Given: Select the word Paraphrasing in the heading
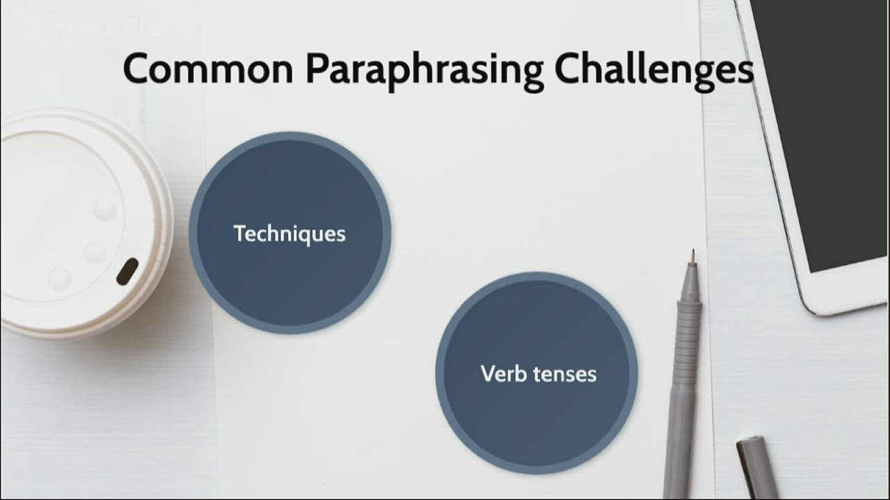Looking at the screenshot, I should [424, 71].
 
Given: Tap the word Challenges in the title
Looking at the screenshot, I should [654, 71].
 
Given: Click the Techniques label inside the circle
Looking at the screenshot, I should [289, 234].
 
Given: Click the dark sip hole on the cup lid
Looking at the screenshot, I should [127, 271].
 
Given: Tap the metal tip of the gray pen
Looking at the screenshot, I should [693, 256].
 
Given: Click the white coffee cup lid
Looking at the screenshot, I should [76, 222].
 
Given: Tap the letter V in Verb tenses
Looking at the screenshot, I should [487, 374].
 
